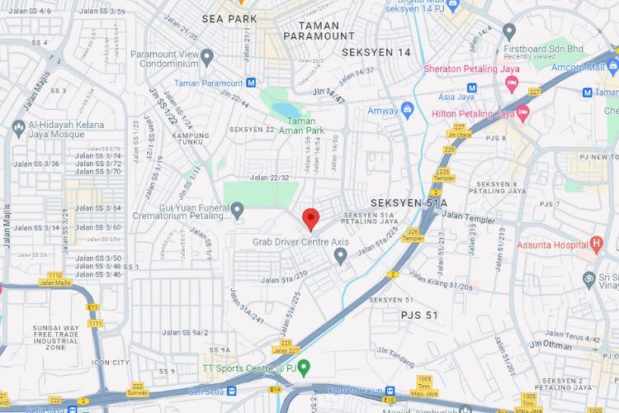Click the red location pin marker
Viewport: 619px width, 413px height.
(311, 219)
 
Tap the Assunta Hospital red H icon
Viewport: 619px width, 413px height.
(596, 244)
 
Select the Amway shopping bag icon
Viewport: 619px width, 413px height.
(406, 110)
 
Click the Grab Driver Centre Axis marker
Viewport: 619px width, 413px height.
(340, 256)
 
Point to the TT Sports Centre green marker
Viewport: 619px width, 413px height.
(304, 368)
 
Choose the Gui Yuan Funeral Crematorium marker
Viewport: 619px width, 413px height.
(238, 211)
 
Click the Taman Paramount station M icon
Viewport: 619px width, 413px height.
(250, 83)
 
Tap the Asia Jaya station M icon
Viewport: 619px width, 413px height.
(471, 88)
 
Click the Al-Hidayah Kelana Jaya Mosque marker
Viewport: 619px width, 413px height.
(18, 129)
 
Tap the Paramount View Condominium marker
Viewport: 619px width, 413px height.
(207, 57)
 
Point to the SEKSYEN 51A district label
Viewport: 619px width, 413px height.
(409, 202)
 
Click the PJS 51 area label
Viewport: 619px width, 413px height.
(419, 315)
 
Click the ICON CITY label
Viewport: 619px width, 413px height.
(111, 362)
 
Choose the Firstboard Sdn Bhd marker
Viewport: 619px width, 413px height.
(509, 31)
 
